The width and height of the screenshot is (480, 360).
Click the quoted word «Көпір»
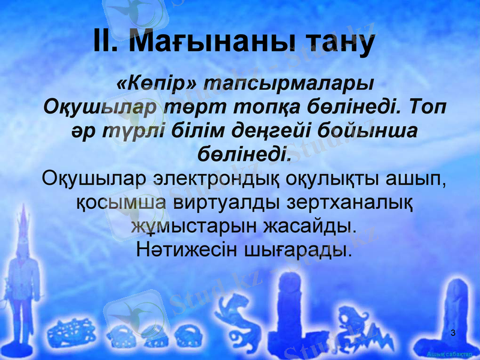[x=154, y=83]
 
